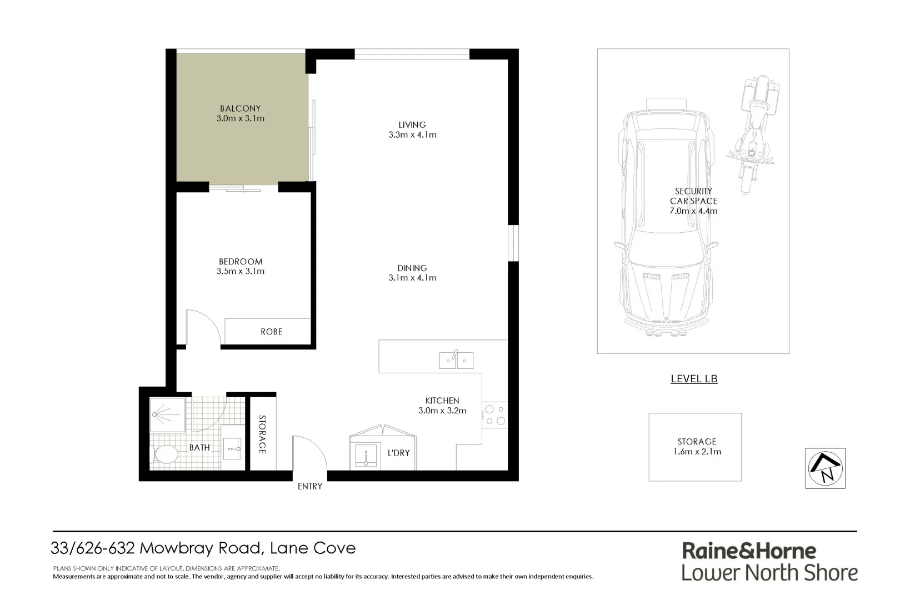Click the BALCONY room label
point(240,108)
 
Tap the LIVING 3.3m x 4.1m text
point(412,129)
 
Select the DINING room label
point(412,268)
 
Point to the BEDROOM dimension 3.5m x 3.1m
point(241,272)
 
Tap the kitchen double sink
point(456,361)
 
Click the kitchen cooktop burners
point(495,415)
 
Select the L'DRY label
point(398,453)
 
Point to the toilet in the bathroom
point(165,454)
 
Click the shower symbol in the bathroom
point(167,414)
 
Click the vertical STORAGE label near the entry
point(262,434)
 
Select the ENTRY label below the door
point(309,486)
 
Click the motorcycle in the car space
point(754,134)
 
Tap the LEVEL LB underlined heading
point(694,379)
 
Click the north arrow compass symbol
point(825,468)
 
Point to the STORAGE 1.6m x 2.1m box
point(695,447)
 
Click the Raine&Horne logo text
point(749,551)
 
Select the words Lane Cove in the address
point(313,548)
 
